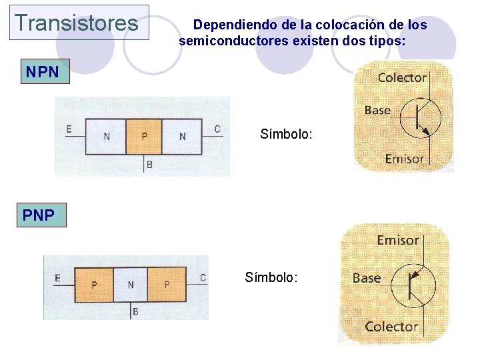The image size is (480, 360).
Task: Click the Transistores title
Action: click(76, 23)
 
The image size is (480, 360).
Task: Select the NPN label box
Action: click(44, 71)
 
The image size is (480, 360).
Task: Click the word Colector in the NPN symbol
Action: click(402, 77)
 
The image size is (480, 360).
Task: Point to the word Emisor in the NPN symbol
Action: click(405, 159)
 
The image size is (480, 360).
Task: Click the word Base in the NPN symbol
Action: click(377, 110)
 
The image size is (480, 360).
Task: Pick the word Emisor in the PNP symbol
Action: click(398, 240)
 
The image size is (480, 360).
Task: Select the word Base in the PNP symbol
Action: click(367, 278)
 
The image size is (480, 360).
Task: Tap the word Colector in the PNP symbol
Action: click(391, 327)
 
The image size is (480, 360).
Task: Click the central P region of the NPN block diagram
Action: click(145, 137)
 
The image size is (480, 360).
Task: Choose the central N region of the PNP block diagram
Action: click(131, 285)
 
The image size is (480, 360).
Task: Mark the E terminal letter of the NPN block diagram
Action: click(69, 129)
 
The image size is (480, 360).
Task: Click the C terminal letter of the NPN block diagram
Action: click(217, 129)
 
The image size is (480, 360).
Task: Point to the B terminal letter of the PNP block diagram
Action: click(136, 311)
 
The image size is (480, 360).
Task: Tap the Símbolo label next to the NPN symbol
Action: click(286, 135)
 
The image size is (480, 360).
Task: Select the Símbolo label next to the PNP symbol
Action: click(271, 277)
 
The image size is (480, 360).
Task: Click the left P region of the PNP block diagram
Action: click(94, 285)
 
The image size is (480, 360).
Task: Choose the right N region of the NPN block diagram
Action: click(183, 137)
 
